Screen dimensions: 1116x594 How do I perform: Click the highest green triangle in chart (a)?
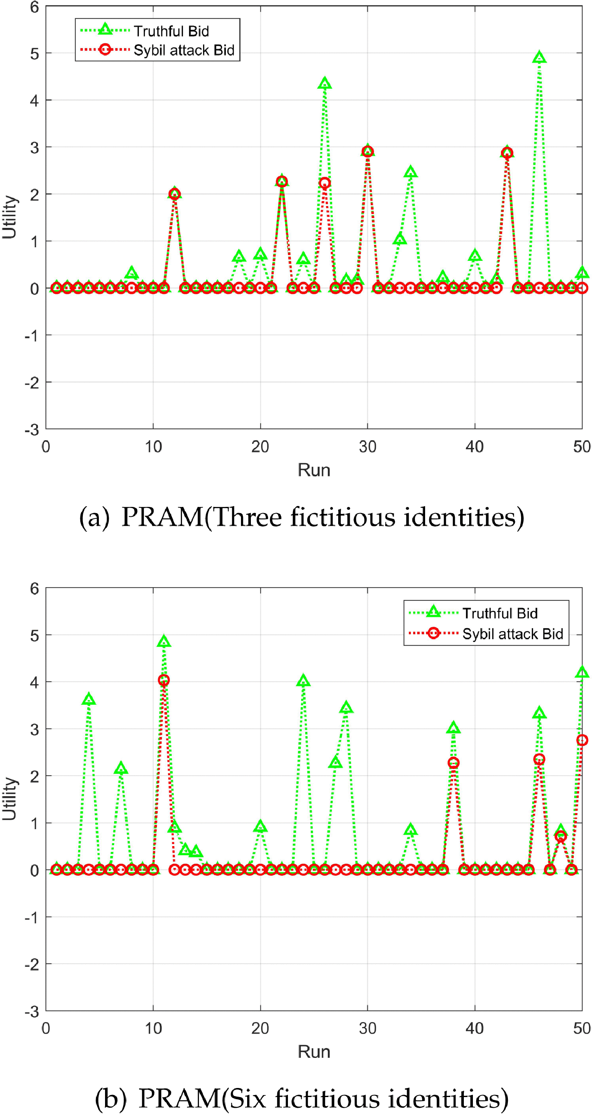coord(539,57)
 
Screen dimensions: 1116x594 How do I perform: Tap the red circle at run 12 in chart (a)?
coord(175,194)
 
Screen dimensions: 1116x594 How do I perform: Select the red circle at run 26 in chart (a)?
coord(325,183)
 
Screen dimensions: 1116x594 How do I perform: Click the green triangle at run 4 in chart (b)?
coord(89,699)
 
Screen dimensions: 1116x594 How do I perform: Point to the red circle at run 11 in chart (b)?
coord(164,680)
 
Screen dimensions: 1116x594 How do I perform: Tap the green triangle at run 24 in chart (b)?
coord(303,681)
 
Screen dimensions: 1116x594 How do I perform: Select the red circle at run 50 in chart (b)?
coord(582,740)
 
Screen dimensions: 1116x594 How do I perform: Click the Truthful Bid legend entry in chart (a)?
coord(171,31)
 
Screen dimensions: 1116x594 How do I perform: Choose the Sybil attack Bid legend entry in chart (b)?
coord(512,634)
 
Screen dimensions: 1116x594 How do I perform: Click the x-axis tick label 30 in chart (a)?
coord(367,447)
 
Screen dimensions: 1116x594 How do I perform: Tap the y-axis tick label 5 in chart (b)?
coord(34,636)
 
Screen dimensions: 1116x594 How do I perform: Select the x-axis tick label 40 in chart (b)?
coord(475,1029)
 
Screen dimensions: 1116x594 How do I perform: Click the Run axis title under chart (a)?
coord(314,471)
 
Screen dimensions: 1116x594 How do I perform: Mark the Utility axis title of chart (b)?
coord(9,798)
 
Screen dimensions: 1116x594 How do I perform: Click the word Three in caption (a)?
coord(247,517)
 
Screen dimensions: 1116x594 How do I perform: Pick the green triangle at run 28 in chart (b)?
coord(346,708)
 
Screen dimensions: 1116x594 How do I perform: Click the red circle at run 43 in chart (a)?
coord(507,153)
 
